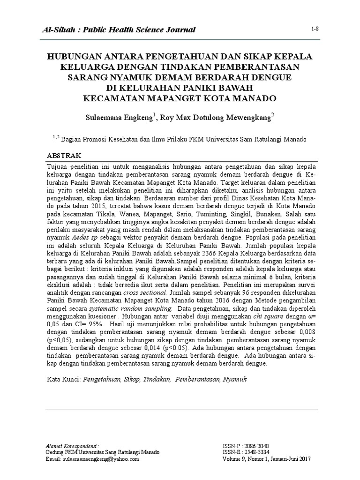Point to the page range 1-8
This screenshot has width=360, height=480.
[315, 29]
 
